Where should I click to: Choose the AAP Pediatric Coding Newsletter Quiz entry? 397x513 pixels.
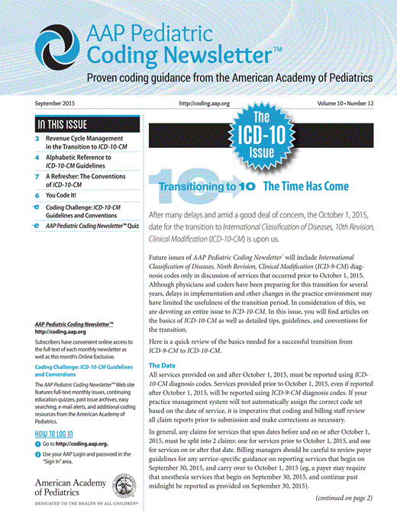(x=92, y=227)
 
